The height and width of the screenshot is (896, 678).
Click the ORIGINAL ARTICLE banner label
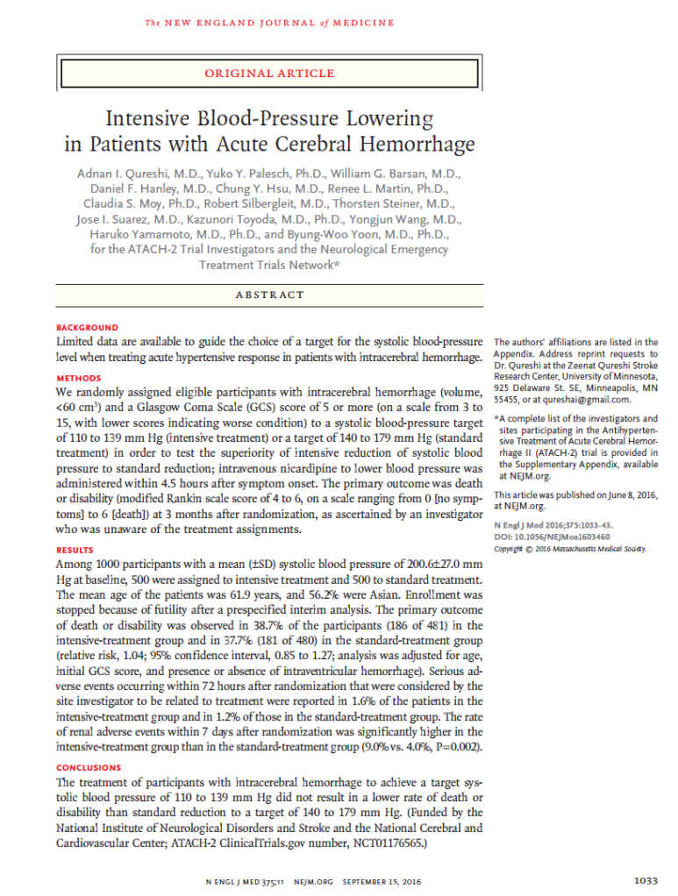click(x=269, y=74)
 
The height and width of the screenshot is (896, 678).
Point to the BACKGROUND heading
click(x=87, y=327)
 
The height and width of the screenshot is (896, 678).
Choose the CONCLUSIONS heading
click(x=89, y=767)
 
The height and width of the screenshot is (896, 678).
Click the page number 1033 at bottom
click(x=645, y=879)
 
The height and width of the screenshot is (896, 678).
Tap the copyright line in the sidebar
click(x=570, y=549)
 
